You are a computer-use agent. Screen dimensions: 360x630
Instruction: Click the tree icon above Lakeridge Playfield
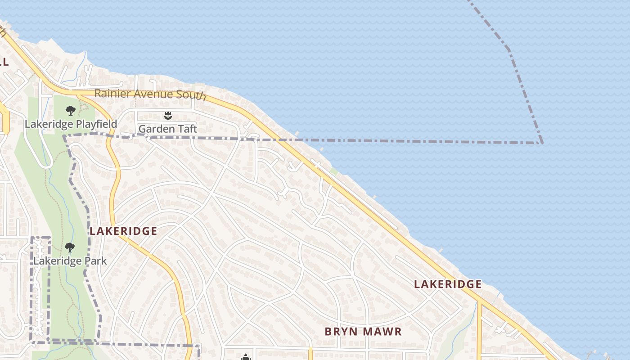pyautogui.click(x=70, y=111)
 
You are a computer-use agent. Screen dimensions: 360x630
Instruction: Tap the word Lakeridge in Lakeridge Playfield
pyautogui.click(x=49, y=124)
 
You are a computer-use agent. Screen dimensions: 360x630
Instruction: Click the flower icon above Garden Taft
pyautogui.click(x=168, y=116)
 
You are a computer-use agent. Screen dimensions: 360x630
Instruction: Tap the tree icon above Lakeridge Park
pyautogui.click(x=69, y=247)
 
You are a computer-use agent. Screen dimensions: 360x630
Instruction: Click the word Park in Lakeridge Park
pyautogui.click(x=98, y=261)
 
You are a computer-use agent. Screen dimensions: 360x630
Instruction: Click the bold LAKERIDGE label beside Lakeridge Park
pyautogui.click(x=123, y=231)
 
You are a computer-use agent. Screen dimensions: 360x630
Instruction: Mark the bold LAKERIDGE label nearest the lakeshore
pyautogui.click(x=448, y=284)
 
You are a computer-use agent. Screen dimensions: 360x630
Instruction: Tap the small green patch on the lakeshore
pyautogui.click(x=333, y=171)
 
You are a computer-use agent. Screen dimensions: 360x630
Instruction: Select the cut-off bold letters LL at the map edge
pyautogui.click(x=4, y=62)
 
